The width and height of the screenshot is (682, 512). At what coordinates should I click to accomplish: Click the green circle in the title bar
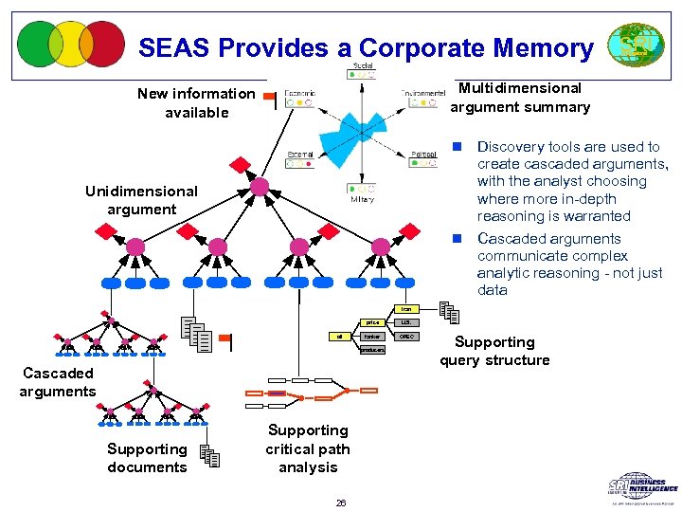point(40,44)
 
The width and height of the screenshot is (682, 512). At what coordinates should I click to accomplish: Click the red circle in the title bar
point(102,44)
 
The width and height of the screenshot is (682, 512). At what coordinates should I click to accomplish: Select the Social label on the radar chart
point(363,66)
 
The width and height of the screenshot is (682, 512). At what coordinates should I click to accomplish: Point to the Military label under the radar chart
point(363,199)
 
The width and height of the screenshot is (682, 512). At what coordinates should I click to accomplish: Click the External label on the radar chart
point(301,154)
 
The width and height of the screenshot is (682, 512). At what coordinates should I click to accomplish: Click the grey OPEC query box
point(406,336)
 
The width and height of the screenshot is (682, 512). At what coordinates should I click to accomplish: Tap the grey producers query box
point(372,349)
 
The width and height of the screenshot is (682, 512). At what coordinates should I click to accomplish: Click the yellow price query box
point(372,322)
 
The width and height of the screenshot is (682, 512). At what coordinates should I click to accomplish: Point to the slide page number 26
point(340,503)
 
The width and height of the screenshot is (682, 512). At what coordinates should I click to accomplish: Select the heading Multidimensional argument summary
point(519,97)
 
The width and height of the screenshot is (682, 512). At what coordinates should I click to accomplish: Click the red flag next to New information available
point(269,96)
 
